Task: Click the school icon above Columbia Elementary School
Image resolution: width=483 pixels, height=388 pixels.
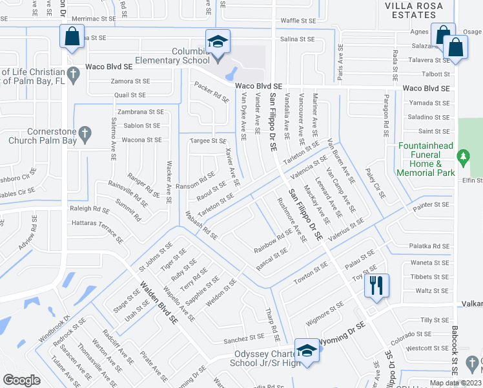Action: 218,42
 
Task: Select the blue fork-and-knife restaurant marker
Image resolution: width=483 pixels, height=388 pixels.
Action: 376,285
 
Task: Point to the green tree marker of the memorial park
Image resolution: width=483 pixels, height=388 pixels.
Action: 462,156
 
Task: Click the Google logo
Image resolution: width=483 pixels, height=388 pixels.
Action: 21,380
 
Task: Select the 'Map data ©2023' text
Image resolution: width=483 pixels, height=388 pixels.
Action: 455,383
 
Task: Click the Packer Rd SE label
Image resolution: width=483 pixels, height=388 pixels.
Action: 212,93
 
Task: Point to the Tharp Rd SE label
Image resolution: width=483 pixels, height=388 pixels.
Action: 272,321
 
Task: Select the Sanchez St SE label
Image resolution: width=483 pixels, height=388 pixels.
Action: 244,339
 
